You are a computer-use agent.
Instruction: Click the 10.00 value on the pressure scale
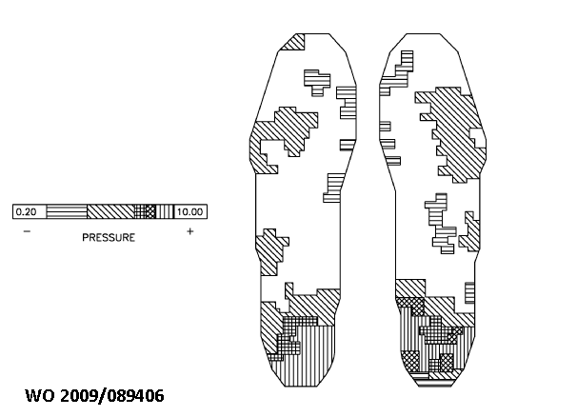(190, 211)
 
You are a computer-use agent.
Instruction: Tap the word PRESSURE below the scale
(109, 237)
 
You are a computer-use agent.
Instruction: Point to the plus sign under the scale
(190, 231)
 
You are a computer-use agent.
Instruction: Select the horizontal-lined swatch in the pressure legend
(67, 211)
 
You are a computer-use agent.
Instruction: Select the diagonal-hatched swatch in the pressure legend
(109, 211)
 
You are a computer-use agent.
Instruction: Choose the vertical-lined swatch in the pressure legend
(165, 211)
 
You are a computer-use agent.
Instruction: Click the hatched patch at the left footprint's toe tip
(297, 42)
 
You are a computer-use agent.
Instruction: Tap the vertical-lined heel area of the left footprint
(319, 352)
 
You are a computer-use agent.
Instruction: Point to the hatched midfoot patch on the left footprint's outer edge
(272, 245)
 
